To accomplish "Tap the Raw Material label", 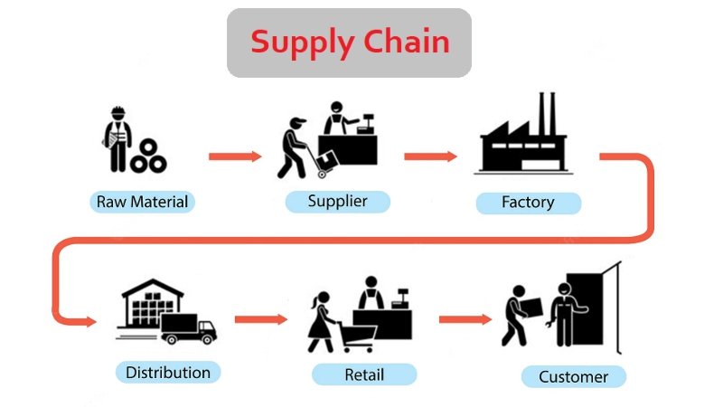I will point(143,201).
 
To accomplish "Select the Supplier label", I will point(337,201).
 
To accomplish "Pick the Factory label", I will point(528,202).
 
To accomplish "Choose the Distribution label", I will point(168,372).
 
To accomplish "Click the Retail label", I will point(364,374).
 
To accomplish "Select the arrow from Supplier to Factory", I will point(430,156).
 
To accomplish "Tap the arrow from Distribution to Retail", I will point(260,319).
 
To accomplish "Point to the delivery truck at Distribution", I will point(189,328).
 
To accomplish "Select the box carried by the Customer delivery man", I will point(531,307).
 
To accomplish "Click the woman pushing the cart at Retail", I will point(321,321).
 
